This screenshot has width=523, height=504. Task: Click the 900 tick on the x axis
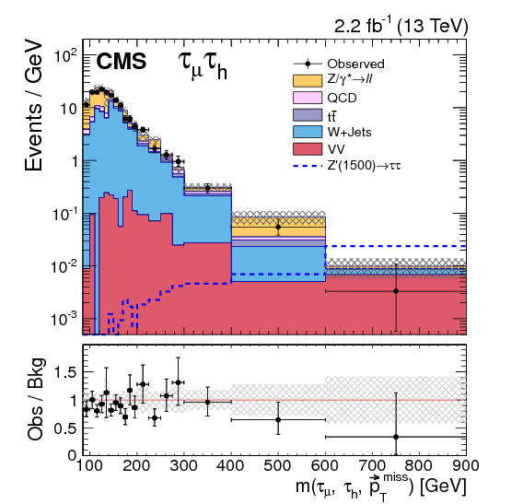pyautogui.click(x=465, y=468)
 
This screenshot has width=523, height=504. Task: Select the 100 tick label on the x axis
pyautogui.click(x=88, y=468)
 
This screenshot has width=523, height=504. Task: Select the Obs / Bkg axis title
pyautogui.click(x=34, y=399)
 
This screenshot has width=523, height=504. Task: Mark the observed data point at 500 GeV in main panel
pyautogui.click(x=277, y=226)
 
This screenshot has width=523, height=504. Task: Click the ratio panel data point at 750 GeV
pyautogui.click(x=395, y=437)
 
